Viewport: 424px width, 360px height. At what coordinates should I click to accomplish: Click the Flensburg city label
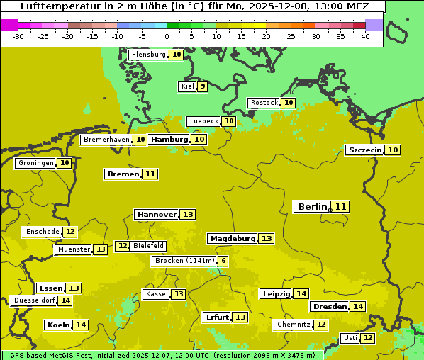click(149, 55)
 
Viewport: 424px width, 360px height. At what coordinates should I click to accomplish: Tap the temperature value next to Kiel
click(203, 86)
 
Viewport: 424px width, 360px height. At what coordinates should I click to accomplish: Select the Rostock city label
click(264, 103)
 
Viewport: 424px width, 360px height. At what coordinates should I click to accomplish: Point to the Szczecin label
click(364, 150)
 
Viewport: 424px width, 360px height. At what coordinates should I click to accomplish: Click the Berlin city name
click(312, 206)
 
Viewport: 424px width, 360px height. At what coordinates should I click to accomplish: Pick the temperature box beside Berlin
click(341, 206)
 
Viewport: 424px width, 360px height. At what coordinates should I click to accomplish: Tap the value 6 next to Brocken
click(223, 261)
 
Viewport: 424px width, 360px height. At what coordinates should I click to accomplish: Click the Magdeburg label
click(232, 238)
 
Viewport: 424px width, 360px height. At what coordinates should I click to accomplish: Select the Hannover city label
click(157, 214)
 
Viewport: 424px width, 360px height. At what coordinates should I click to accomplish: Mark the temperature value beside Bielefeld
click(123, 246)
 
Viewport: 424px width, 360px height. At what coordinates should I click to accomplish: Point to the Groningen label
click(35, 163)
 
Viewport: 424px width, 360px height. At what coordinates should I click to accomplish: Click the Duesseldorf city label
click(34, 300)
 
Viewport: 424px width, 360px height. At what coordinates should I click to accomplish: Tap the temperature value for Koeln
click(81, 325)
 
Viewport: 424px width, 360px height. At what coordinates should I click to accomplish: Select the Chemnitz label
click(294, 325)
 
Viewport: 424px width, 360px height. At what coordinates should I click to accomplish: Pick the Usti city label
click(350, 338)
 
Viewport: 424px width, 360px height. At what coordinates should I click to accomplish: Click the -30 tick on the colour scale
click(18, 36)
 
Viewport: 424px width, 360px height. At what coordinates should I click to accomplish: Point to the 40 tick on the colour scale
click(365, 36)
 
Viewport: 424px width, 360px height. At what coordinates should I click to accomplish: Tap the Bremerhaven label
click(106, 140)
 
